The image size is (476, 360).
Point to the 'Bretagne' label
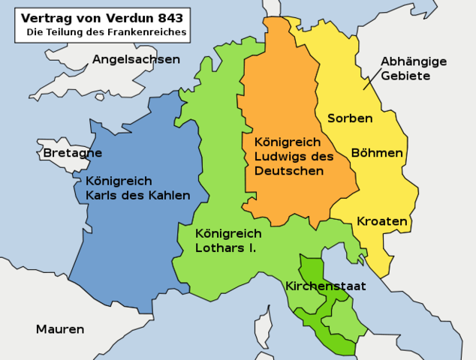[72, 153]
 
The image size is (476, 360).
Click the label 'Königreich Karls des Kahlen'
[137, 188]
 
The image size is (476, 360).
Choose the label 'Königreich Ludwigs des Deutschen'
[294, 156]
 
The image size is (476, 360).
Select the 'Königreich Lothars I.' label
[225, 239]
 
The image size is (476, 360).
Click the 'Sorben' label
[349, 118]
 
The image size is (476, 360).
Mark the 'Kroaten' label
[381, 222]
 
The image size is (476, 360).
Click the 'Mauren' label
[60, 329]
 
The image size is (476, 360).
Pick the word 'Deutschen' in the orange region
[289, 171]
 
